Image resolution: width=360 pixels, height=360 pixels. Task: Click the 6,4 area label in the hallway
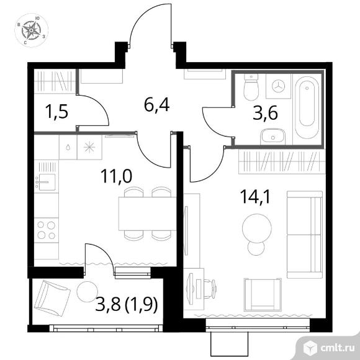pyautogui.click(x=157, y=105)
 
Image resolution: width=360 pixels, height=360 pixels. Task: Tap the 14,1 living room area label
pyautogui.click(x=255, y=197)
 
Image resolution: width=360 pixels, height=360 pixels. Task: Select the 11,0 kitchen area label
pyautogui.click(x=116, y=176)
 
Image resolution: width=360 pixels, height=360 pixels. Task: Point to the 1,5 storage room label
pyautogui.click(x=57, y=111)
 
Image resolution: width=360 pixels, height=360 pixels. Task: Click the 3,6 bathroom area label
pyautogui.click(x=265, y=112)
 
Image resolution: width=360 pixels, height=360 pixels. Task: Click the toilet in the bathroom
pyautogui.click(x=251, y=87)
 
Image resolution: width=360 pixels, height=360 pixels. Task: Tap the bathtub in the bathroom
pyautogui.click(x=307, y=107)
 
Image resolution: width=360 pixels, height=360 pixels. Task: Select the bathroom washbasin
pyautogui.click(x=272, y=137)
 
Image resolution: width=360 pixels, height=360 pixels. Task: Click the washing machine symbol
pyautogui.click(x=278, y=86)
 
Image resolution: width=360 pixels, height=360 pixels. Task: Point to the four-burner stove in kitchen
pyautogui.click(x=47, y=230)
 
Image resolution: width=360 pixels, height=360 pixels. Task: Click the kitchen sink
pyautogui.click(x=47, y=182)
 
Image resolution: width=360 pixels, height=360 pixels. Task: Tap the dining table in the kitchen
pyautogui.click(x=147, y=214)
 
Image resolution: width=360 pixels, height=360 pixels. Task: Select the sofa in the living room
pyautogui.click(x=305, y=235)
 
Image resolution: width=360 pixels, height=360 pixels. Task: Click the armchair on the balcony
pyautogui.click(x=52, y=298)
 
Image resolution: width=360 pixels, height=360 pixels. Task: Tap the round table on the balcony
pyautogui.click(x=88, y=292)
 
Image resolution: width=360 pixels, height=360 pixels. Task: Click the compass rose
pyautogui.click(x=32, y=30)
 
